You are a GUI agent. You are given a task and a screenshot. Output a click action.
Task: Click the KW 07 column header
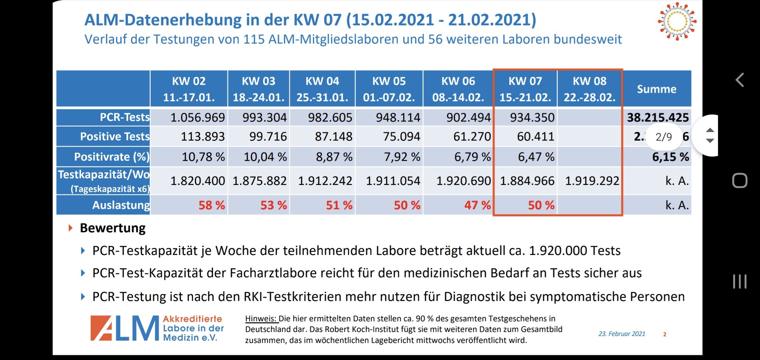point(525,89)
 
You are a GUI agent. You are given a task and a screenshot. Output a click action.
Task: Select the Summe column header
point(656,89)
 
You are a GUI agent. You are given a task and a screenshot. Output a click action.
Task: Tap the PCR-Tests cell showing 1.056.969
point(197,118)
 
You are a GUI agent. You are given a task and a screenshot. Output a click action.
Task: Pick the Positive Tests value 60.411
point(535,137)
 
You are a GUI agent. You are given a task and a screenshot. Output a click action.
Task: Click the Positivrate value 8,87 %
point(334,157)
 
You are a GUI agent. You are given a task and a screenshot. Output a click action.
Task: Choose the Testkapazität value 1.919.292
point(592,181)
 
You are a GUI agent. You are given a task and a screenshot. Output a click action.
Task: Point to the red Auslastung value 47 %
point(477,205)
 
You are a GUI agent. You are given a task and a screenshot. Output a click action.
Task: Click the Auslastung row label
point(121,205)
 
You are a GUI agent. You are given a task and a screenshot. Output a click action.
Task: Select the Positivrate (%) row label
point(111,157)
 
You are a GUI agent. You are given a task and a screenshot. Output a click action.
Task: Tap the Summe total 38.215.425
point(658,118)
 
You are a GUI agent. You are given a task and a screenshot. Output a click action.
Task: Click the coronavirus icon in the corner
point(677,22)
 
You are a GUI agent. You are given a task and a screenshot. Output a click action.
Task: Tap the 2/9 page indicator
point(664,137)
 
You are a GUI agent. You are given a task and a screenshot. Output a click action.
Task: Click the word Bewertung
point(112,228)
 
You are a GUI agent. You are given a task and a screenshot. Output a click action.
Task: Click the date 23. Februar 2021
point(622,334)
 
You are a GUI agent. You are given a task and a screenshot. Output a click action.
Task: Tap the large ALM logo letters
point(125,328)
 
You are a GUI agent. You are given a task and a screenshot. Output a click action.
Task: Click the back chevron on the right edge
point(740,80)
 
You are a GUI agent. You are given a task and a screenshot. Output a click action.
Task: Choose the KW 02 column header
point(189,89)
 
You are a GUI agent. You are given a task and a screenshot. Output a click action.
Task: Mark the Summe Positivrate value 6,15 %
point(670,157)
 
